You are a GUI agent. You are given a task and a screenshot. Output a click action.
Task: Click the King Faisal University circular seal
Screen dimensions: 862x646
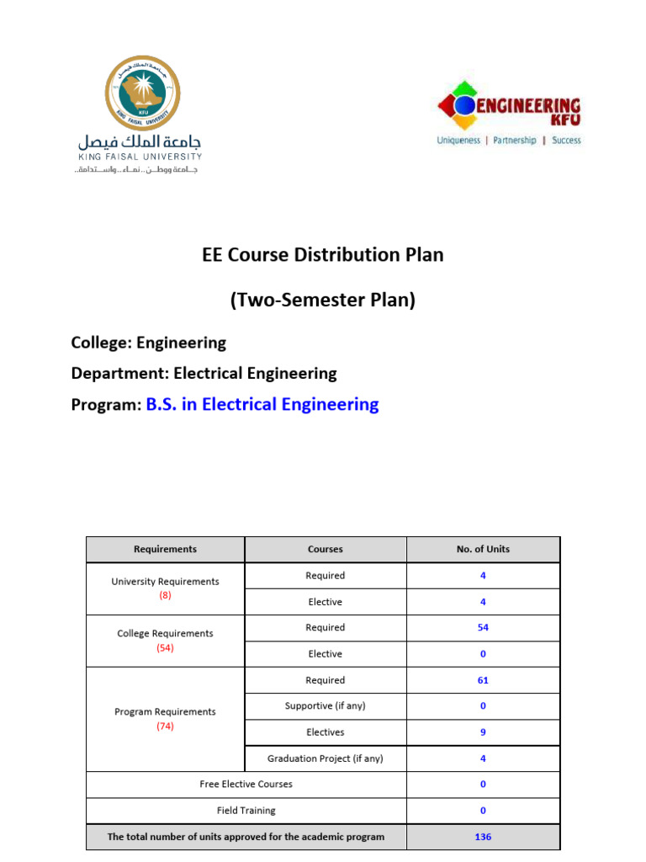(x=141, y=93)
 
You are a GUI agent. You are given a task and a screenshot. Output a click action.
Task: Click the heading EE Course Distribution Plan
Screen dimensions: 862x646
(x=323, y=254)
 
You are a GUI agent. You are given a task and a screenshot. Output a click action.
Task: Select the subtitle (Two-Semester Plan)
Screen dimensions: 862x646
(x=323, y=300)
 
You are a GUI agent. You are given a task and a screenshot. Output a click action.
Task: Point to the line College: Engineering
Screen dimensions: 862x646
(x=149, y=343)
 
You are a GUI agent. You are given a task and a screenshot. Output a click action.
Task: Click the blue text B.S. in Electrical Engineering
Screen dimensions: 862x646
(x=262, y=404)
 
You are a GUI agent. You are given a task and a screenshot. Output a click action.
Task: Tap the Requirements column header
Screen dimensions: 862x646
(x=165, y=549)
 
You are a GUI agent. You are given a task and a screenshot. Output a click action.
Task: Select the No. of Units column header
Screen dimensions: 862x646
(x=483, y=549)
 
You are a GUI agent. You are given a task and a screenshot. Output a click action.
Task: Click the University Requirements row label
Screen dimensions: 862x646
(x=165, y=582)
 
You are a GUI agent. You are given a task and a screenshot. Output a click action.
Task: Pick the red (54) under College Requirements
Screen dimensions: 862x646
(x=165, y=647)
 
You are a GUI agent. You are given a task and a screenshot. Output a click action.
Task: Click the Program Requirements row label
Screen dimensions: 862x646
(x=165, y=711)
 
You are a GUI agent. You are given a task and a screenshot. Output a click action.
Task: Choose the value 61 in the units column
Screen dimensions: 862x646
(x=483, y=680)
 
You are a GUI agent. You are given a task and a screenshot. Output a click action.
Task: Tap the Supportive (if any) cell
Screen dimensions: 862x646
(x=326, y=705)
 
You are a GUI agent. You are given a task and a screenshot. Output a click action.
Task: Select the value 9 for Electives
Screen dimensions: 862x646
(x=483, y=732)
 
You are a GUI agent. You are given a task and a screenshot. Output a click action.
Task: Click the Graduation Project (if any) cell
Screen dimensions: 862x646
(x=326, y=758)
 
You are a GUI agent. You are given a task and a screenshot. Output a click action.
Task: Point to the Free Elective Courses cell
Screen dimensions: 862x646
(x=246, y=784)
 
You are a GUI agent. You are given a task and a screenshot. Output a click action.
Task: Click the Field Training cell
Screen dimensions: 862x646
(x=246, y=811)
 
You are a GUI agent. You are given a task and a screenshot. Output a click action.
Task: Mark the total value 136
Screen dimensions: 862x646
(x=483, y=837)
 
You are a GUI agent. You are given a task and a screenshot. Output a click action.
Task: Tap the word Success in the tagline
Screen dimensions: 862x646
(x=566, y=141)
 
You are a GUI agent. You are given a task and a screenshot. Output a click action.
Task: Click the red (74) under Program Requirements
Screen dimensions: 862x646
(x=165, y=726)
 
